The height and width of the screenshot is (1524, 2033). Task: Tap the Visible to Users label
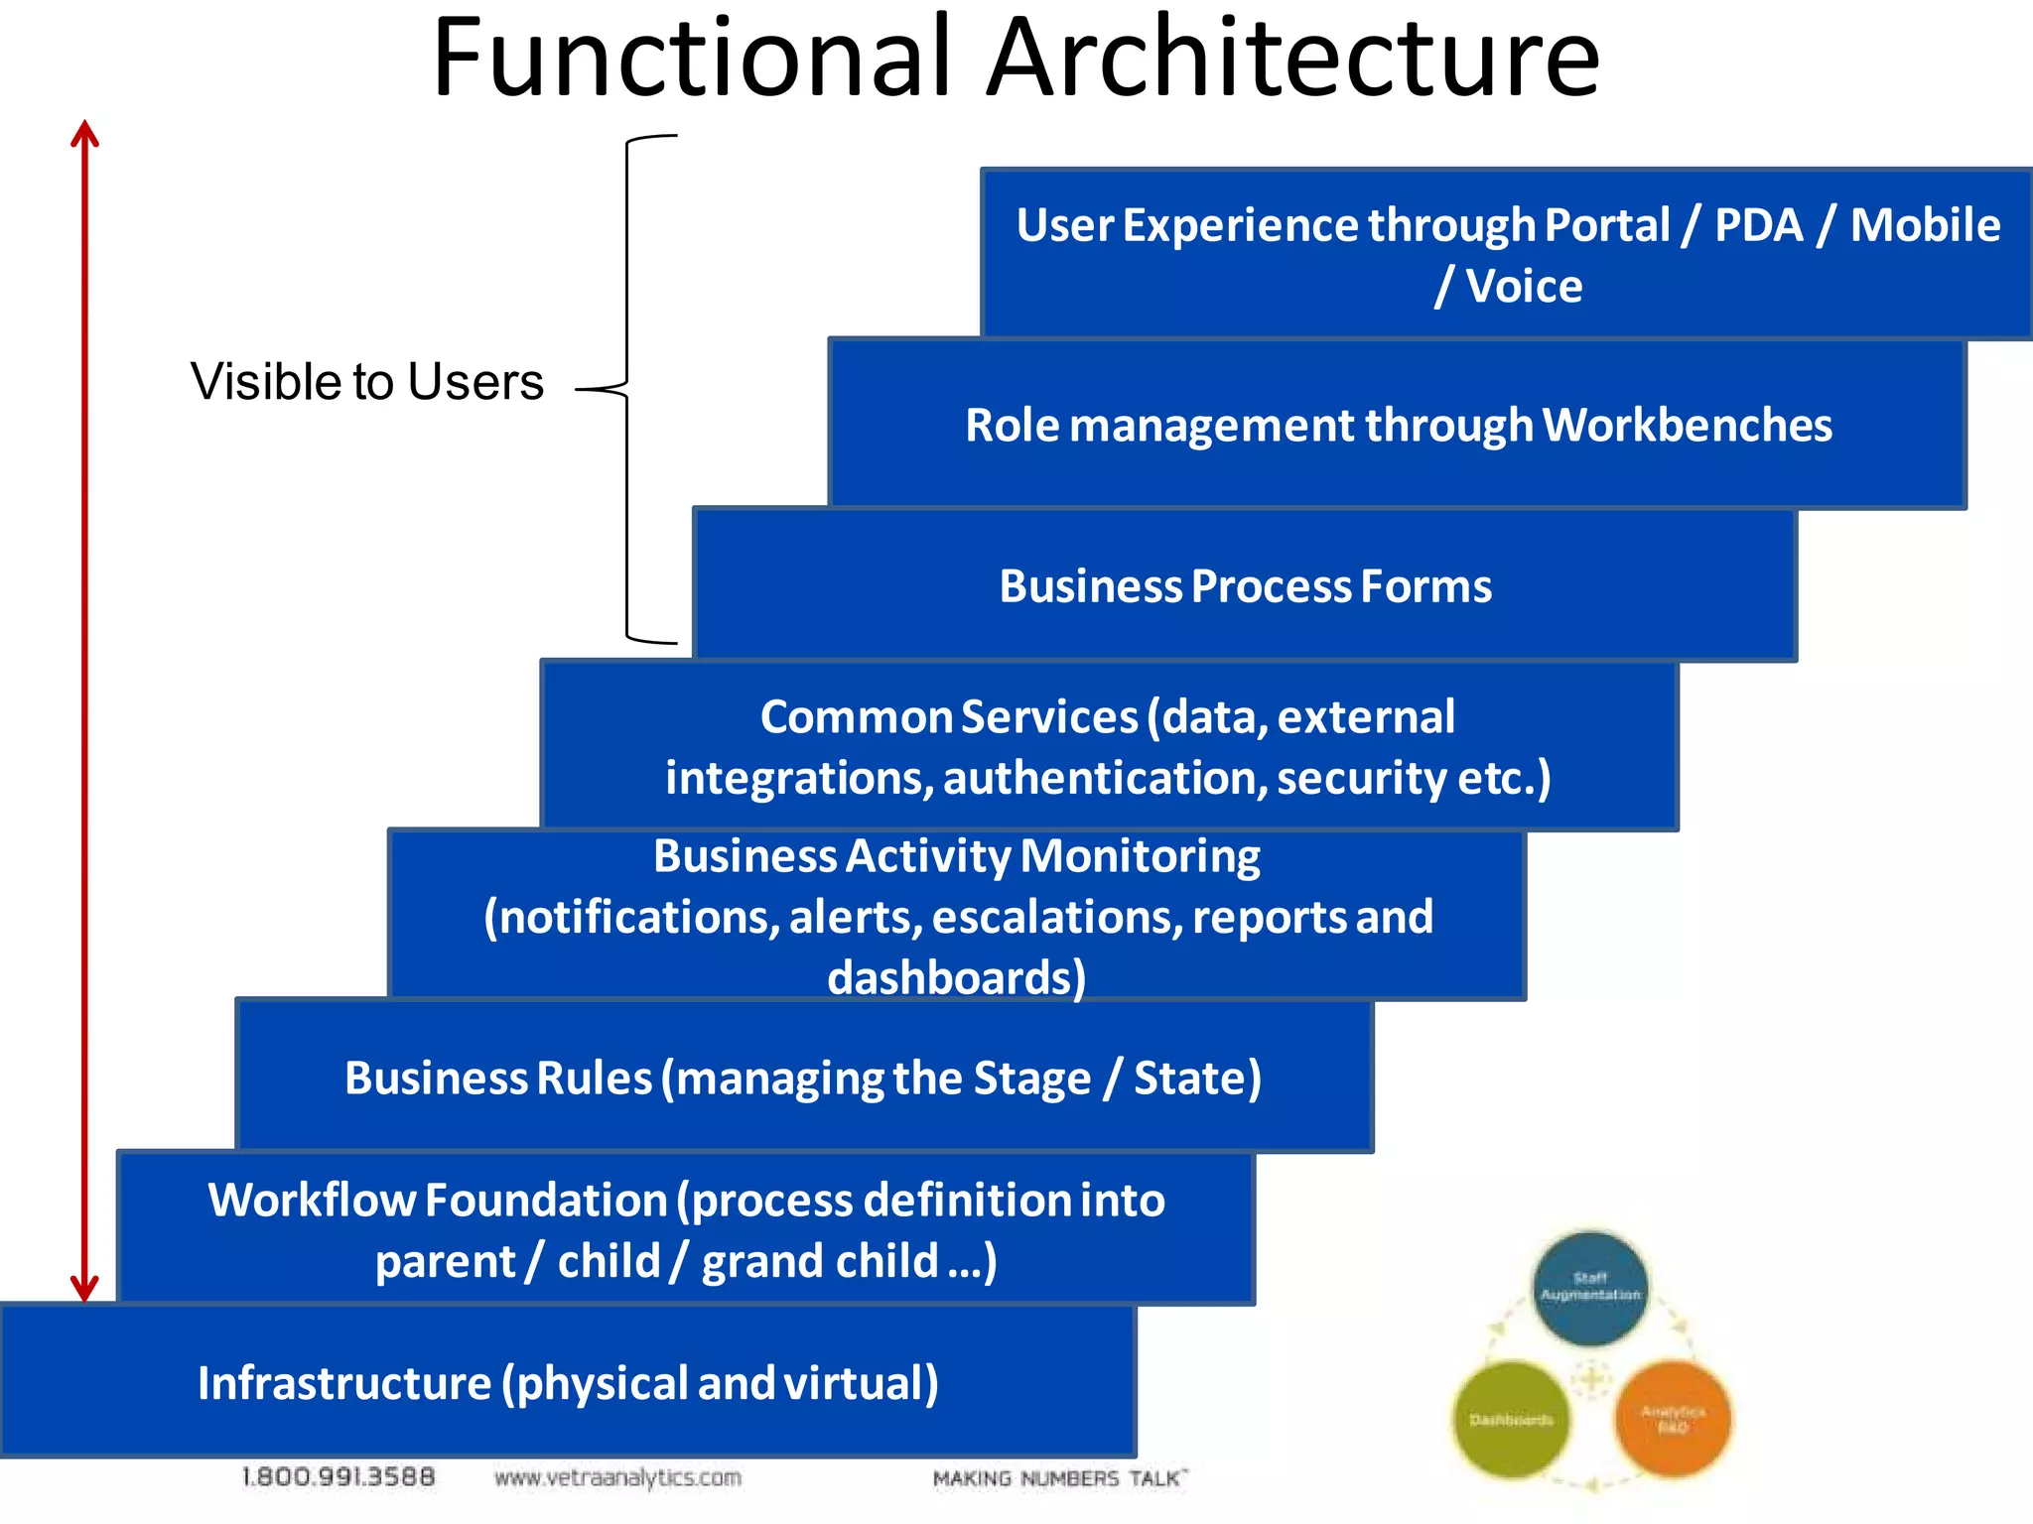point(366,382)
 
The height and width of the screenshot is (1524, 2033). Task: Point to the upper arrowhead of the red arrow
point(85,134)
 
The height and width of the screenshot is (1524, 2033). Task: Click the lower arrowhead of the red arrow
point(85,1288)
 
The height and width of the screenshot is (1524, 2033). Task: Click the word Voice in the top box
point(1524,287)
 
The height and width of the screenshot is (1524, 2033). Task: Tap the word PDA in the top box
point(1758,225)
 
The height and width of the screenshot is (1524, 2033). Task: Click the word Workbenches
point(1687,426)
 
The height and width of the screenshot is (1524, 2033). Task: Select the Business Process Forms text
point(1245,586)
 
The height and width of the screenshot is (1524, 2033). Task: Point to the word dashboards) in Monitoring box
point(956,978)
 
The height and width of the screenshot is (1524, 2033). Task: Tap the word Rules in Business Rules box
point(594,1079)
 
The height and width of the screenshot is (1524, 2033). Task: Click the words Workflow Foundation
point(437,1201)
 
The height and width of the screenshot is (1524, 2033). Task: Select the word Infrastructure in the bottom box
point(344,1383)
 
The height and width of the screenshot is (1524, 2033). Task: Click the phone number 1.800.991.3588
point(339,1477)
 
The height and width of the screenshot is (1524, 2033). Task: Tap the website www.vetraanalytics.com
point(617,1478)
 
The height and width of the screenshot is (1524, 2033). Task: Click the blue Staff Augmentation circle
point(1589,1287)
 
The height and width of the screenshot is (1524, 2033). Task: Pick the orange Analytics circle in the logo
point(1673,1419)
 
